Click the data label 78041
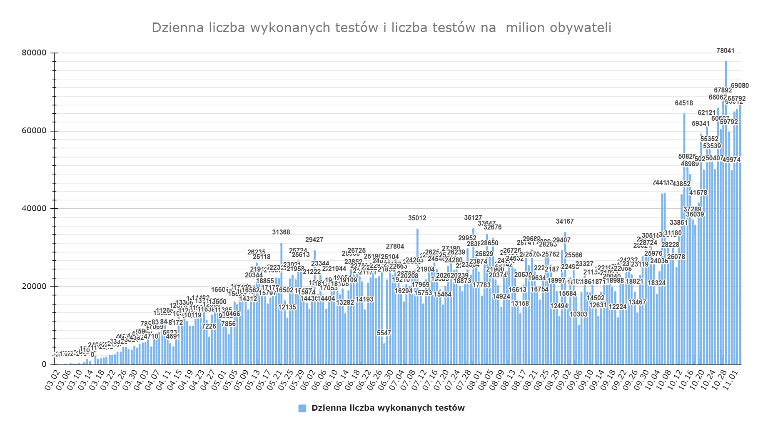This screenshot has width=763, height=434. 725,51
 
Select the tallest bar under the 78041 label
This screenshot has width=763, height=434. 726,208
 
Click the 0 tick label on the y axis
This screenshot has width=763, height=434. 44,364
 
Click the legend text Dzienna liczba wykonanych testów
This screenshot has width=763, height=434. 388,408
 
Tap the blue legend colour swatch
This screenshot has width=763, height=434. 302,409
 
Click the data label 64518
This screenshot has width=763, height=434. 684,103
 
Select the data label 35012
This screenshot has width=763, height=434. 417,218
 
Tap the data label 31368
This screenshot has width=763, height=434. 281,232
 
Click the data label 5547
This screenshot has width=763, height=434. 384,333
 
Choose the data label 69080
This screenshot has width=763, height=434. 740,86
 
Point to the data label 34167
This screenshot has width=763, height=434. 565,222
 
